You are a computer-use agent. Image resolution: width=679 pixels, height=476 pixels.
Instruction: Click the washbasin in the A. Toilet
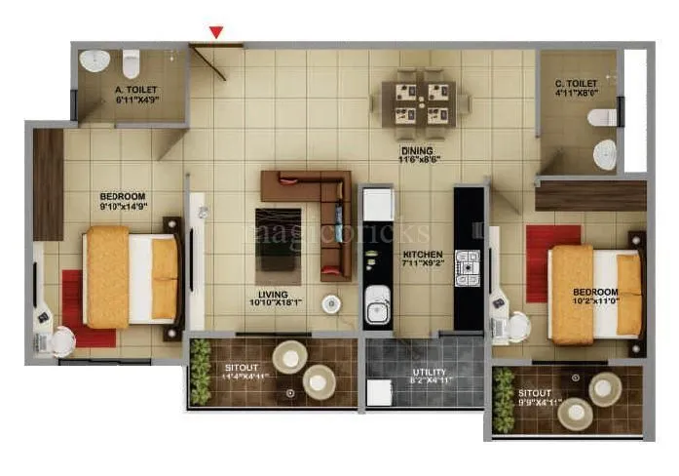pos(94,61)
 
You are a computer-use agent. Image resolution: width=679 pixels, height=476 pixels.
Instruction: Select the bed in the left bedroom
pos(131,277)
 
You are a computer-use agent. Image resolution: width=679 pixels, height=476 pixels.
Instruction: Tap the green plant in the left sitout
pos(201,372)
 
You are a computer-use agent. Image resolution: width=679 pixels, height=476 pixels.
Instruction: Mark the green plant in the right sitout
pos(504,400)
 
